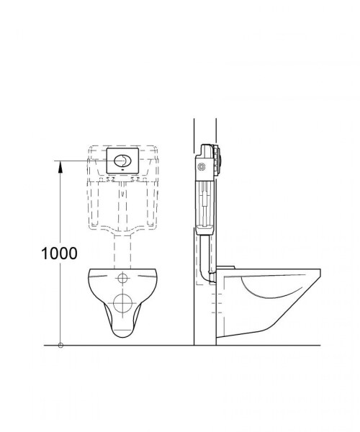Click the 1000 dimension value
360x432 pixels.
click(x=59, y=253)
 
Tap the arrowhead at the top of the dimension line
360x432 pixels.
click(x=60, y=166)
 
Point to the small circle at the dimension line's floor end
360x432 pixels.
click(x=60, y=345)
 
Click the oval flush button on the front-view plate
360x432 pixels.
click(x=122, y=161)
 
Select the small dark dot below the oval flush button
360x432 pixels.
click(x=122, y=171)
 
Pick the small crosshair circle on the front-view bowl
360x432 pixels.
click(x=122, y=278)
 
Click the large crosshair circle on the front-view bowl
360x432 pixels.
click(x=123, y=303)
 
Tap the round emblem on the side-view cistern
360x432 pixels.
click(x=202, y=167)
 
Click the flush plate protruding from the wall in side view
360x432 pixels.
click(x=219, y=161)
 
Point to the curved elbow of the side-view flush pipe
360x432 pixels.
click(x=205, y=276)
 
